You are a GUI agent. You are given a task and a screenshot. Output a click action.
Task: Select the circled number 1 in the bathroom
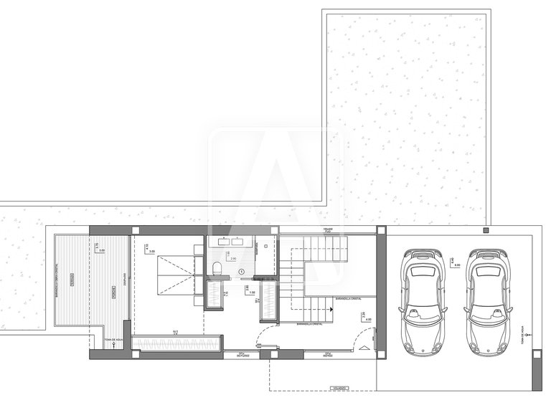click(x=242, y=270)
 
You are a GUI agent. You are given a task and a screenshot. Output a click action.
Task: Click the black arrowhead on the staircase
click(x=331, y=308)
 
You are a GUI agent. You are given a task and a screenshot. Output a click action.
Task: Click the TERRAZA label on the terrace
click(x=70, y=283)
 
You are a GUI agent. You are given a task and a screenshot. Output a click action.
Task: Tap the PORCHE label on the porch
click(x=113, y=292)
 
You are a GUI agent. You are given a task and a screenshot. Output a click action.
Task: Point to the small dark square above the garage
click(x=486, y=230)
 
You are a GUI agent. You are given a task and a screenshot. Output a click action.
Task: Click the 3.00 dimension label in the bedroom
click(x=151, y=251)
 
